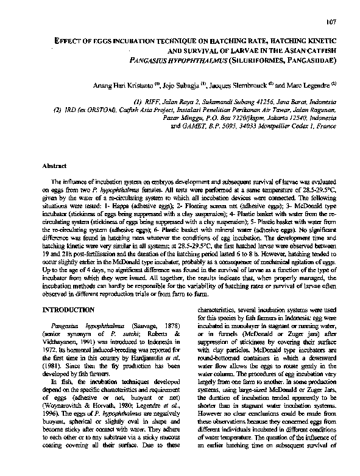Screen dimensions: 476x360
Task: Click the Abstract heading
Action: click(54, 165)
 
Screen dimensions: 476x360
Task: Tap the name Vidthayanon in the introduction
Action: click(65, 343)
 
